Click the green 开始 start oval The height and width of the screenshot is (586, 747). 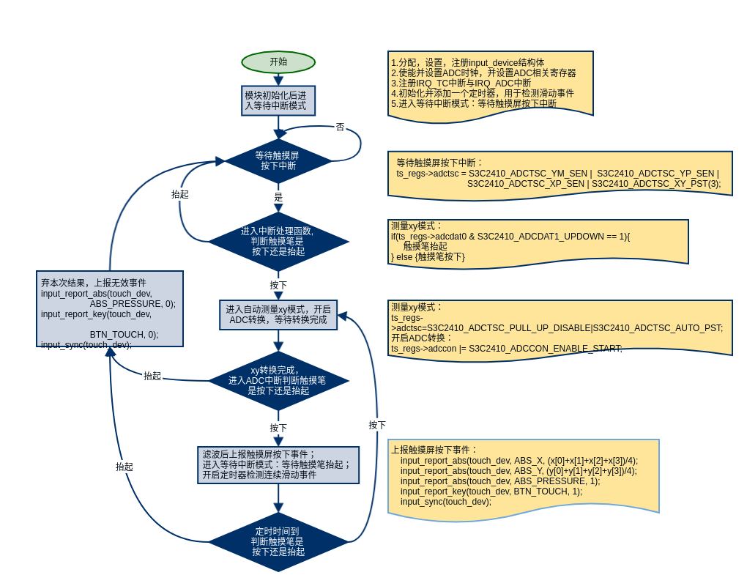coord(278,62)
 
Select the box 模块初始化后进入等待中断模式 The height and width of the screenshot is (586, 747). coord(278,100)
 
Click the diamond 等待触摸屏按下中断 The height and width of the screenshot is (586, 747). coord(278,160)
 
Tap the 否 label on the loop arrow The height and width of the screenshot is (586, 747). coord(340,127)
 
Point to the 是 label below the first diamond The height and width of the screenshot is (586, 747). coord(278,197)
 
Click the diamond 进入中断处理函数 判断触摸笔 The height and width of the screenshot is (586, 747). coord(278,241)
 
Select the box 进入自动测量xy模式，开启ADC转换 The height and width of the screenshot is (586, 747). coord(278,314)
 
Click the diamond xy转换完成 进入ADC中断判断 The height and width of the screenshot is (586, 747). coord(278,380)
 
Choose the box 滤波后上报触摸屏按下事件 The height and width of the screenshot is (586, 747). coord(278,464)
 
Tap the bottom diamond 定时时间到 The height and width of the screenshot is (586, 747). coord(278,541)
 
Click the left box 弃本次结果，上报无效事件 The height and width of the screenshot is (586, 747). coord(110,308)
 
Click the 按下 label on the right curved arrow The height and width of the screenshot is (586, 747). coord(377,425)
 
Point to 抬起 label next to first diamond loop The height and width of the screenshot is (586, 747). coord(180,194)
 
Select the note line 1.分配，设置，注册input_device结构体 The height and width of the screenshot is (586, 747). coord(467,63)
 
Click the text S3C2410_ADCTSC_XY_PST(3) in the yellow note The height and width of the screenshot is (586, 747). coord(655,184)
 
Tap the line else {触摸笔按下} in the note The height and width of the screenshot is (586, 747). coord(428,257)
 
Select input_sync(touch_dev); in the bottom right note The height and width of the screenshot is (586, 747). coord(445,502)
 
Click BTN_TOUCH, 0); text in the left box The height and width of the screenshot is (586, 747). coord(124,335)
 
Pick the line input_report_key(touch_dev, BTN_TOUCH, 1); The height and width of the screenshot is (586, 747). coord(491,492)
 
